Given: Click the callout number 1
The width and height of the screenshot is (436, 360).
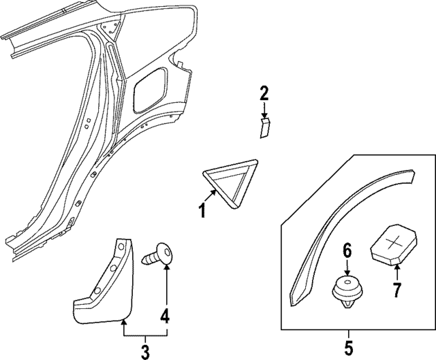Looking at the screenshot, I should tap(201, 211).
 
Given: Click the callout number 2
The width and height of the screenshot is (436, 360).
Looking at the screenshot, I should tap(264, 93).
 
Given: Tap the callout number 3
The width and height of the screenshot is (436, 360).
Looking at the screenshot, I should tap(144, 350).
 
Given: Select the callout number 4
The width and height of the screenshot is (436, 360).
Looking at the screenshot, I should tap(166, 316).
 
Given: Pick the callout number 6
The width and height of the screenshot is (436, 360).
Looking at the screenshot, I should tap(347, 252).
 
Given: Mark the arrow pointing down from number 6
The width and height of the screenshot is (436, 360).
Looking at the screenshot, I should tap(347, 268).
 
